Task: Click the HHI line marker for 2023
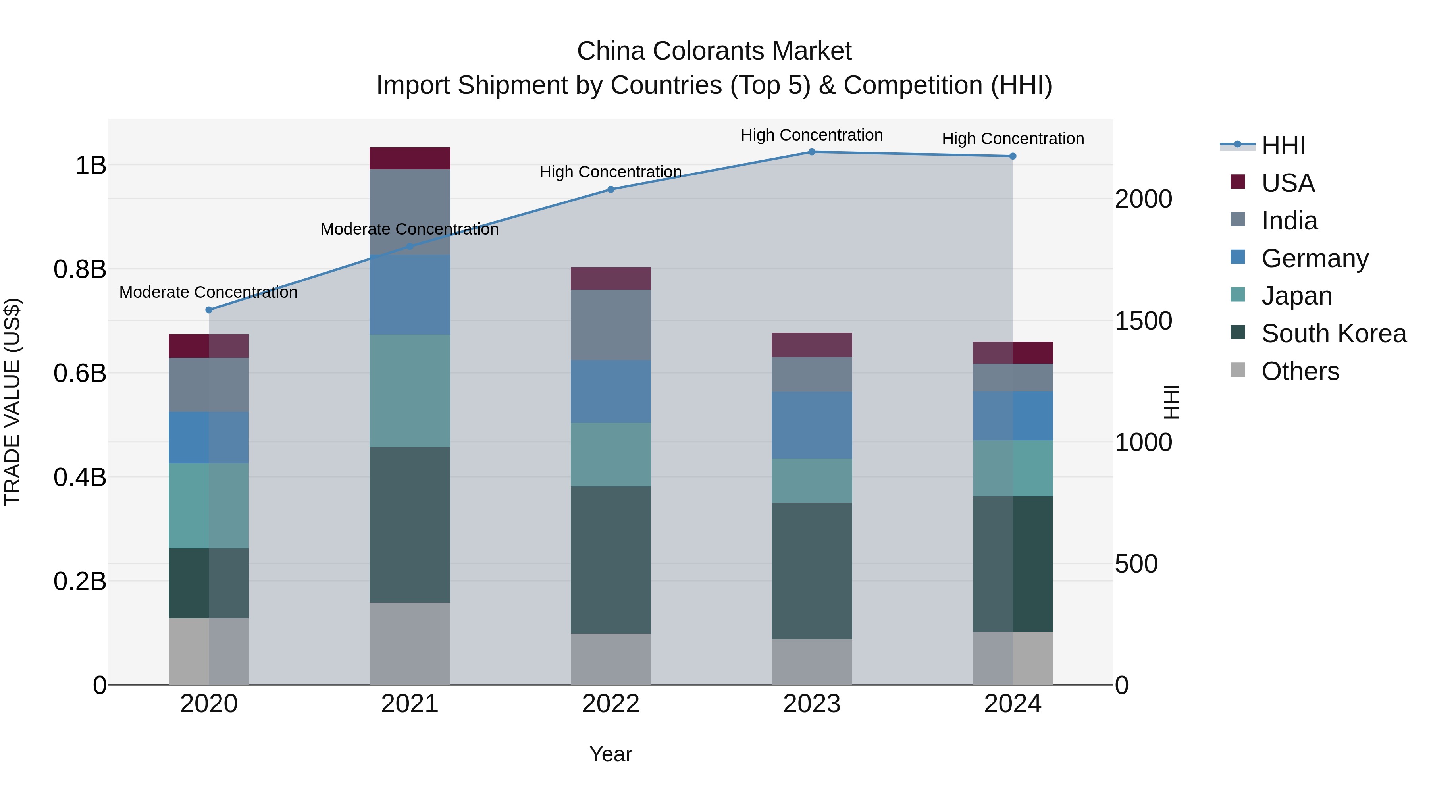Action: pyautogui.click(x=812, y=152)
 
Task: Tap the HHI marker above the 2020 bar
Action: pyautogui.click(x=208, y=310)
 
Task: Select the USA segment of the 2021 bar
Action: pyautogui.click(x=409, y=158)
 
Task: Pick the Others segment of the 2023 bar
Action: pyautogui.click(x=812, y=661)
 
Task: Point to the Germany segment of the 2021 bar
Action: pyautogui.click(x=409, y=295)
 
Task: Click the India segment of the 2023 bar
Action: pyautogui.click(x=812, y=374)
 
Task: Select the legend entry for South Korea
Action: pyautogui.click(x=1334, y=334)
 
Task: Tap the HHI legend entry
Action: pyautogui.click(x=1283, y=145)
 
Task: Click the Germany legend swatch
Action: pyautogui.click(x=1238, y=257)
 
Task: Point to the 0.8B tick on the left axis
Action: pyautogui.click(x=80, y=270)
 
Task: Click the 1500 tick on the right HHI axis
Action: pyautogui.click(x=1143, y=321)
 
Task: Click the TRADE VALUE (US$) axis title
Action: pyautogui.click(x=12, y=402)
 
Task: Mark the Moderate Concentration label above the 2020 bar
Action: pyautogui.click(x=208, y=292)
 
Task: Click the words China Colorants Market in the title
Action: pyautogui.click(x=714, y=51)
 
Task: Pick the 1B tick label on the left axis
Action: pyautogui.click(x=91, y=165)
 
